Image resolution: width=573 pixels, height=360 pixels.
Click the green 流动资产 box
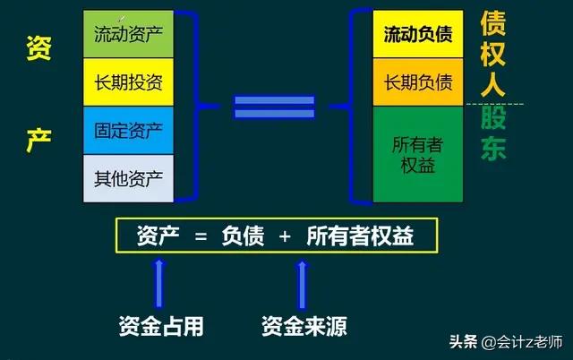coord(128,34)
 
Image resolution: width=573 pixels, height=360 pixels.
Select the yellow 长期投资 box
coord(128,82)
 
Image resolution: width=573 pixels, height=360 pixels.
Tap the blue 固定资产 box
coord(128,131)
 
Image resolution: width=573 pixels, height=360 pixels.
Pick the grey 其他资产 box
coord(128,178)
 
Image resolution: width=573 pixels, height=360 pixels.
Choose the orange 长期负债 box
coord(418,82)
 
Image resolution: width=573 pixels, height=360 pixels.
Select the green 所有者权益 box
coord(418,153)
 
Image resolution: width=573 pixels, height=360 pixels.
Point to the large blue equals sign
coord(274,107)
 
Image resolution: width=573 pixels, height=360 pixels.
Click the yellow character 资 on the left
coord(38,49)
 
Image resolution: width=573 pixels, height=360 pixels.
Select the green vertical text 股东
coord(493,133)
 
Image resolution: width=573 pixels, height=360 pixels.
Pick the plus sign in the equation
coord(285,237)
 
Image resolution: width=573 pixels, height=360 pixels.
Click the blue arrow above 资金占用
coord(160,282)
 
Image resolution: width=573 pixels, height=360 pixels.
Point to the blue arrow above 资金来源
coord(304,282)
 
